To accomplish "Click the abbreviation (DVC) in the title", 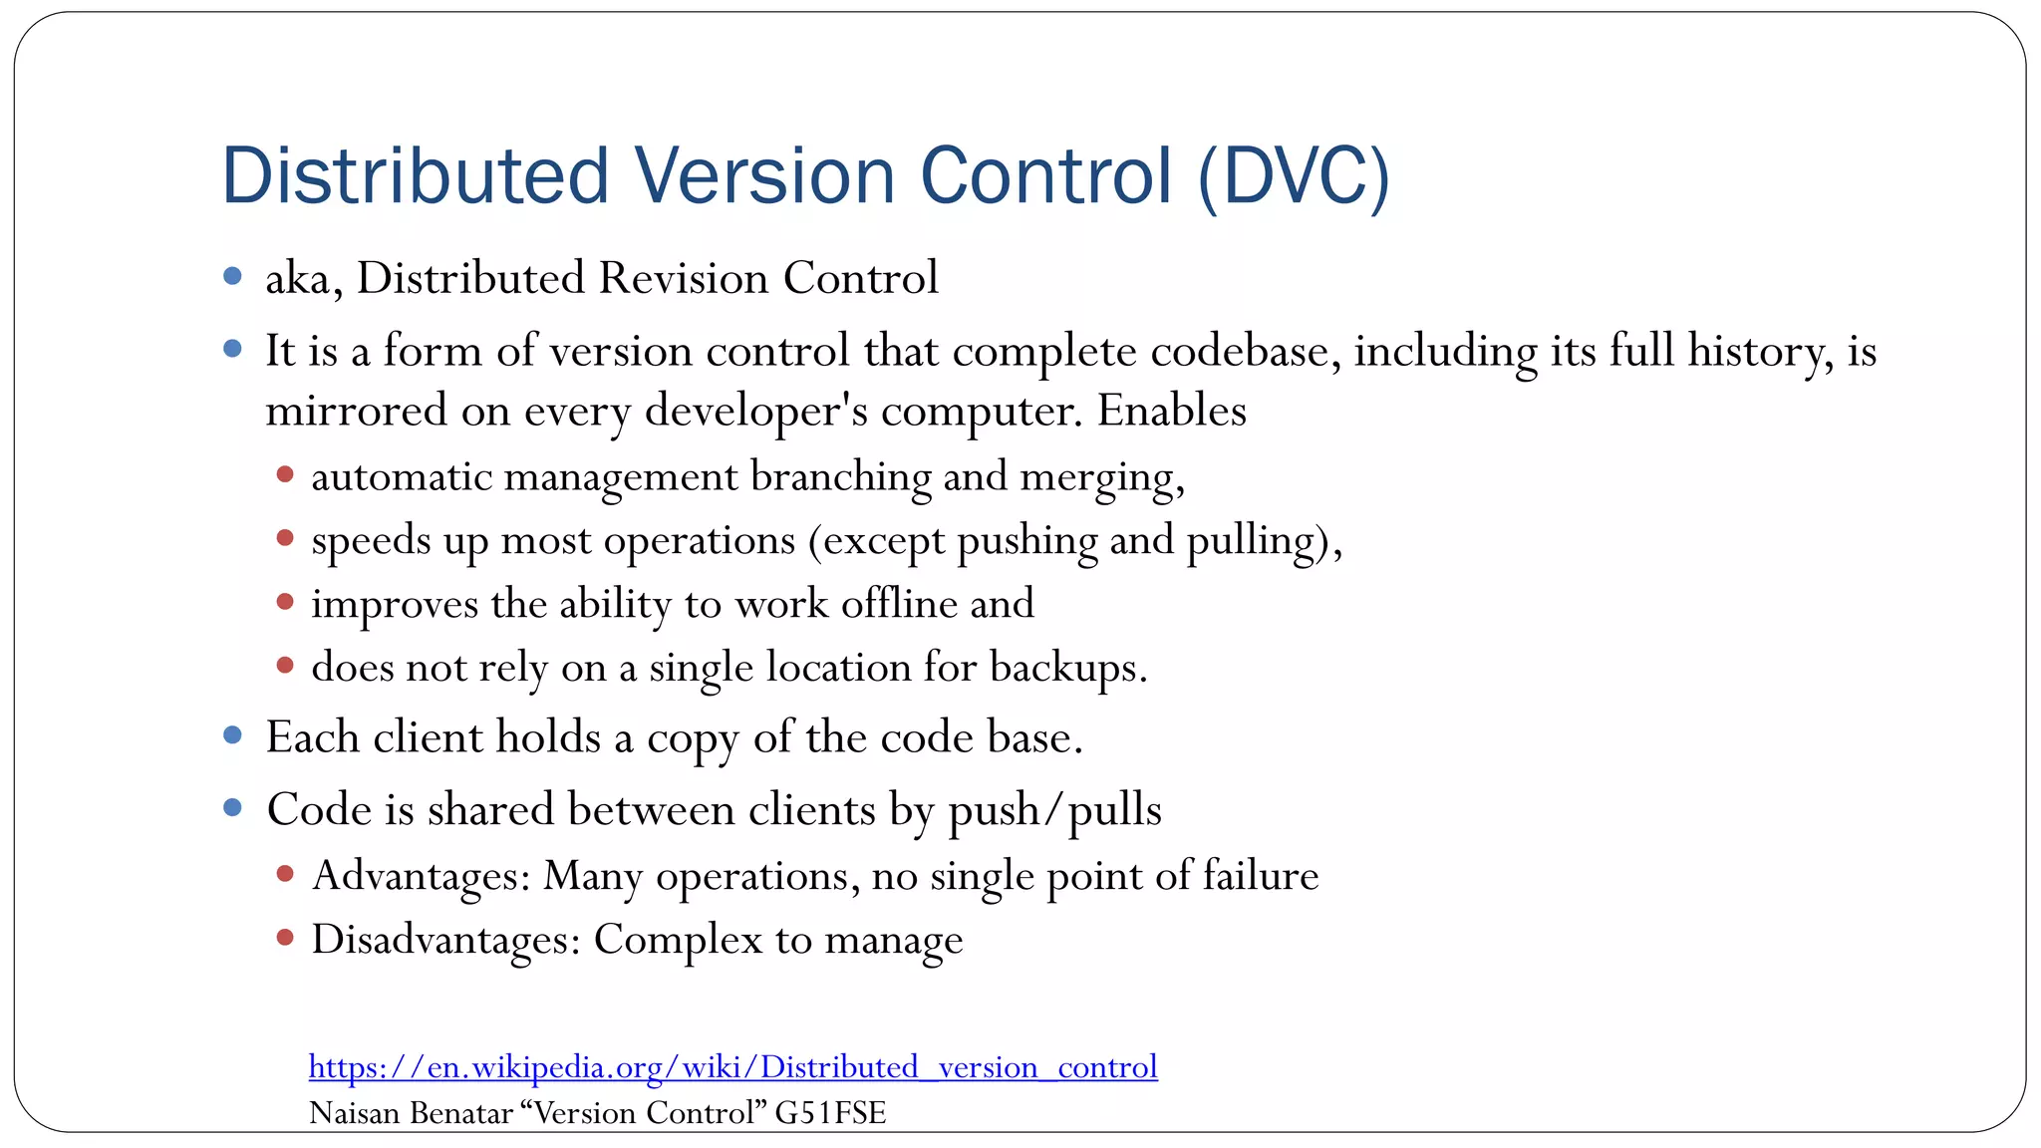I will pos(1293,177).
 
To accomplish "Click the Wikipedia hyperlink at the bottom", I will pos(732,1067).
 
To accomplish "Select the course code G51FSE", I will pos(830,1113).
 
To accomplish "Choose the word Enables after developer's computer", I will pos(1172,411).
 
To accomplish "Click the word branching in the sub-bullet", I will pos(840,476).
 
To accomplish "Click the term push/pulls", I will pos(1054,810).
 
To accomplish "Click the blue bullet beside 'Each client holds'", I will pos(233,735).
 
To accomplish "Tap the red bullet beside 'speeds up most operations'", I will pos(285,539).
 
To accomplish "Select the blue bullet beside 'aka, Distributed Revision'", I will pos(233,276).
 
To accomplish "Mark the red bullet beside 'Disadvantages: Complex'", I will pos(285,937).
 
